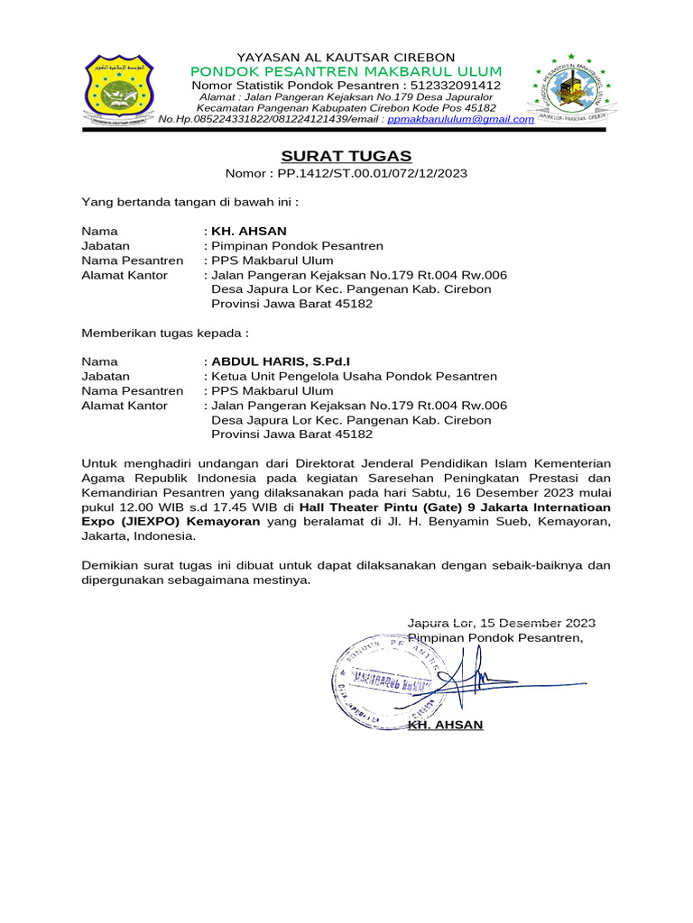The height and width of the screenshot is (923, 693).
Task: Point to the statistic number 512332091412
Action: [x=462, y=85]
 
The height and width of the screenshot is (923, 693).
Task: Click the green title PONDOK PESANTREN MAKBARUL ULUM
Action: [x=346, y=71]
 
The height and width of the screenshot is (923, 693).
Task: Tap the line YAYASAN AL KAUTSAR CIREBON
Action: [x=346, y=57]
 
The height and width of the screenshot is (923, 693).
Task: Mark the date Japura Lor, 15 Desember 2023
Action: [x=501, y=623]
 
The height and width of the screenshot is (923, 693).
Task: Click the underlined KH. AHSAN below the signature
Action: [x=446, y=725]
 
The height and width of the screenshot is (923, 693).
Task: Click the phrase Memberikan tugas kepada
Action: [x=164, y=333]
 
